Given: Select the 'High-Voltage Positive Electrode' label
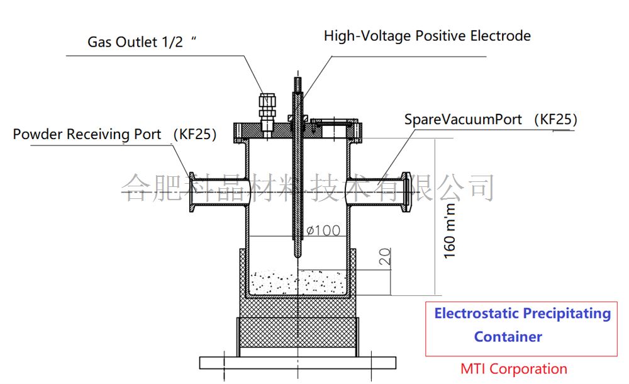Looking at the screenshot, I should click(427, 36).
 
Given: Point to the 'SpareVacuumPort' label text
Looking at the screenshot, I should click(463, 119).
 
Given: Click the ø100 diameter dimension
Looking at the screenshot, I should click(323, 230).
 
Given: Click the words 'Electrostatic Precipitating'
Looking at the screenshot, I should click(522, 313).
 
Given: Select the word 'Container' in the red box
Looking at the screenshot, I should click(508, 337).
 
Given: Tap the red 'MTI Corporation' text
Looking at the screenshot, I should click(513, 370).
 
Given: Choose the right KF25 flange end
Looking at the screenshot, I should click(407, 191).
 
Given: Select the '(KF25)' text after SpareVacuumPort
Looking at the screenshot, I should click(555, 119).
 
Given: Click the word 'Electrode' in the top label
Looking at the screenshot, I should click(501, 36).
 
